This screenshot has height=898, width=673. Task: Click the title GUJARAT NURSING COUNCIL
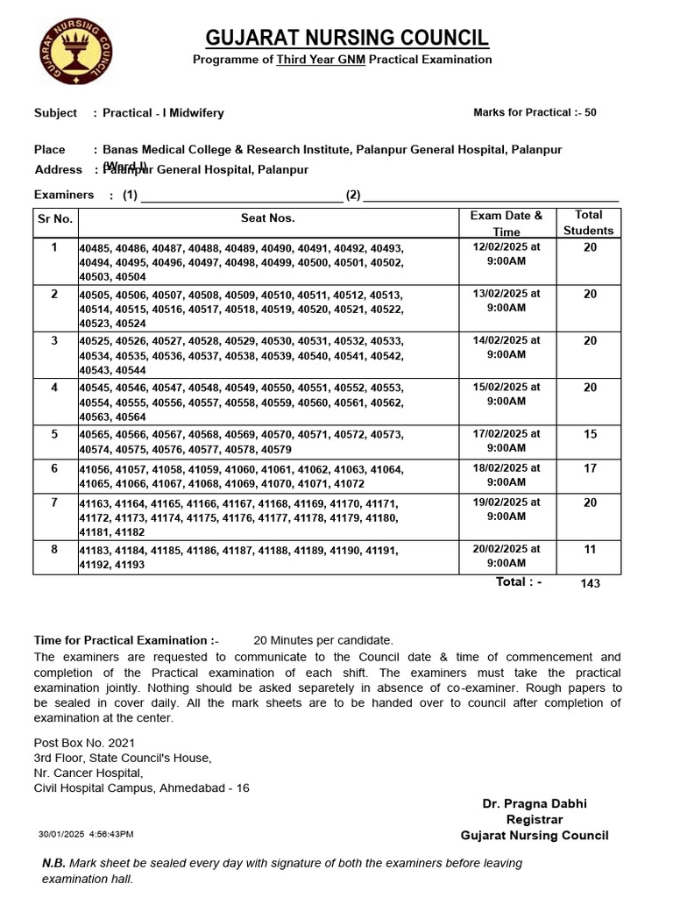coord(347,38)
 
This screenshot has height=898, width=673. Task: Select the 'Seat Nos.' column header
coord(267,217)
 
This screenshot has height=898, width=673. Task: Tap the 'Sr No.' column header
coord(54,217)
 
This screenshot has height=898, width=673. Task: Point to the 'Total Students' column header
coord(588,223)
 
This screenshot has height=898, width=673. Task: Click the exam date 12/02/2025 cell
coord(507,254)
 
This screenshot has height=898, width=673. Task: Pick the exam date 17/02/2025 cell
coord(507,441)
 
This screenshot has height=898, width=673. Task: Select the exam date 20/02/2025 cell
coord(507,556)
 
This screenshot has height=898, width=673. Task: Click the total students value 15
coord(590,434)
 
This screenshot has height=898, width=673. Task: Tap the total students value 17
coord(590,469)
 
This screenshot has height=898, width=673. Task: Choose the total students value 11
coord(590,550)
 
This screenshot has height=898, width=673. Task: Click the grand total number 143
coord(590,583)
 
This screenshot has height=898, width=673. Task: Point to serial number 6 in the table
coord(54,469)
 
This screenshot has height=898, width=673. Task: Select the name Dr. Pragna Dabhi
coord(535,803)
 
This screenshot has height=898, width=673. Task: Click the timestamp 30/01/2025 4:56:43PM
coord(86,834)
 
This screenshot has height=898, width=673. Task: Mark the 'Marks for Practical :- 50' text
coord(535,113)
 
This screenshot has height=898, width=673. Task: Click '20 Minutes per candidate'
coord(323,641)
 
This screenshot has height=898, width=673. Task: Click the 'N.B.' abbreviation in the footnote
coord(54,863)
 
